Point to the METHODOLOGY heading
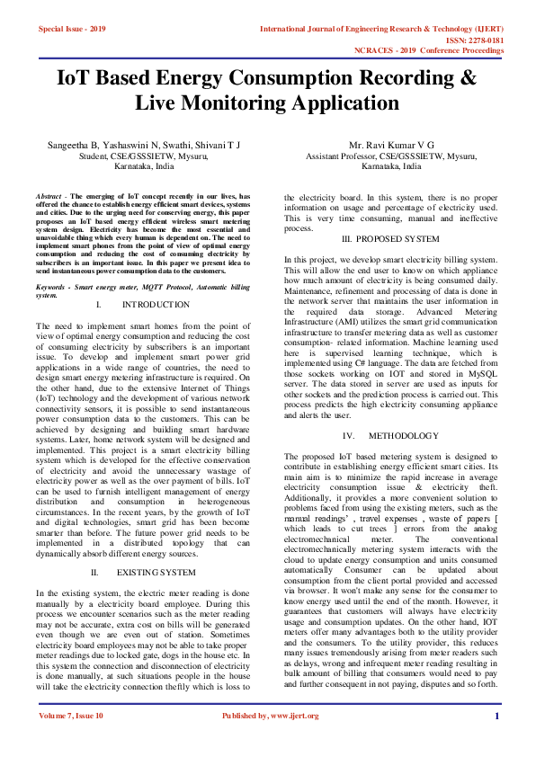404,435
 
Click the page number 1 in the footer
497,741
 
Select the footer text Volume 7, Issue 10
71,741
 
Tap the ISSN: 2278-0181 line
474,40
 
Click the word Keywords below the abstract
53,286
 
